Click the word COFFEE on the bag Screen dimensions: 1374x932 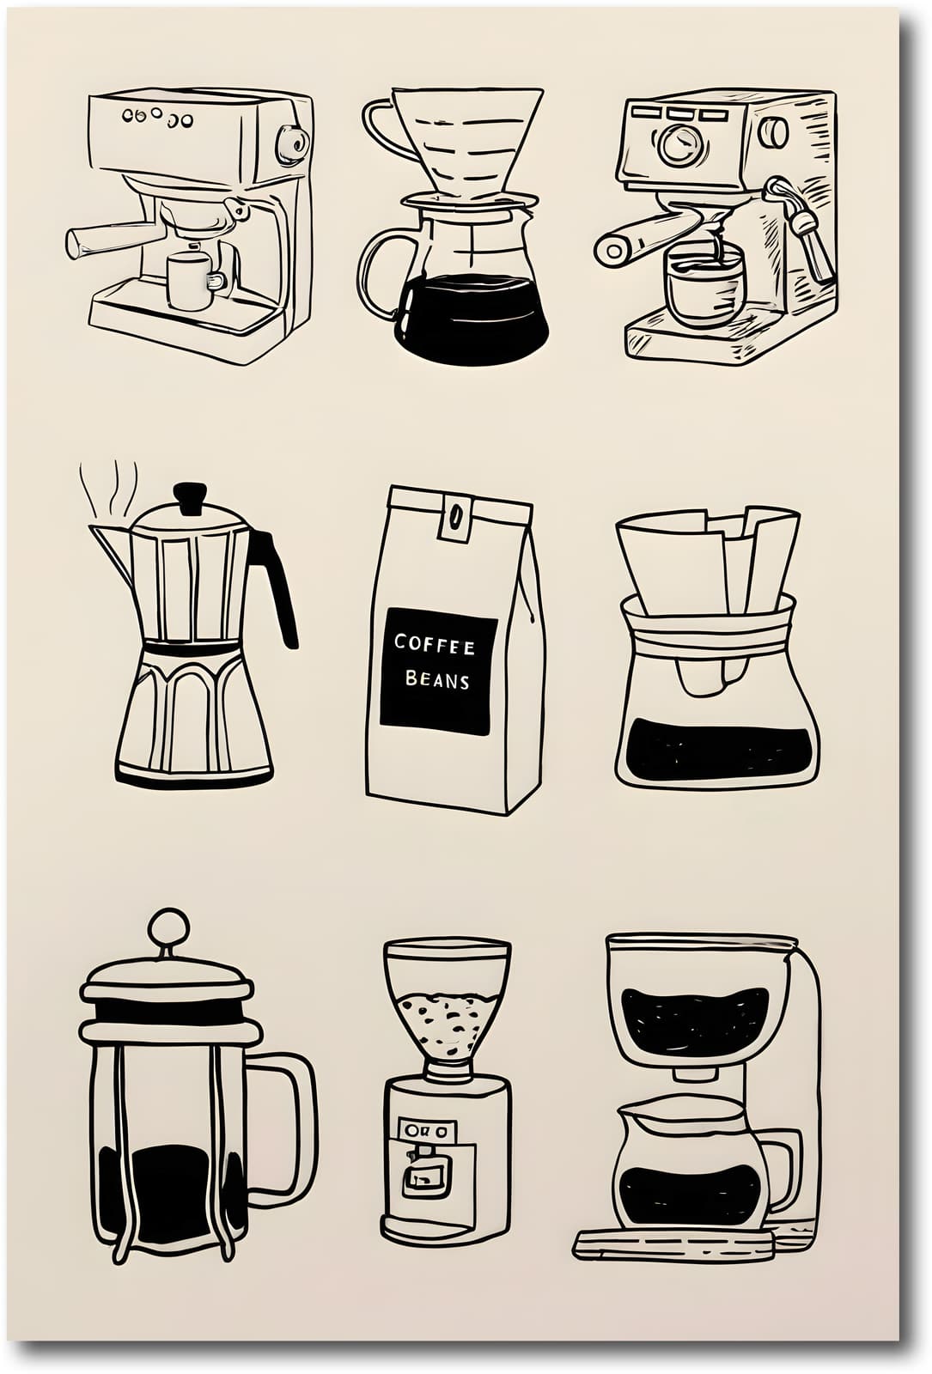(434, 643)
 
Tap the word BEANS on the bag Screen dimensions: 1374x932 (437, 680)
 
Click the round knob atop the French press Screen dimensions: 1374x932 (168, 928)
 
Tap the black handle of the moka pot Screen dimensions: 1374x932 (277, 583)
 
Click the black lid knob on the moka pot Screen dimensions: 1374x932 (190, 495)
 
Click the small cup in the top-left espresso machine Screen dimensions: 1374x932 (191, 281)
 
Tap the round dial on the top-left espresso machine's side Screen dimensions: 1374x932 (292, 143)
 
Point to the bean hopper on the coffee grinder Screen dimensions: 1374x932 (447, 996)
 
